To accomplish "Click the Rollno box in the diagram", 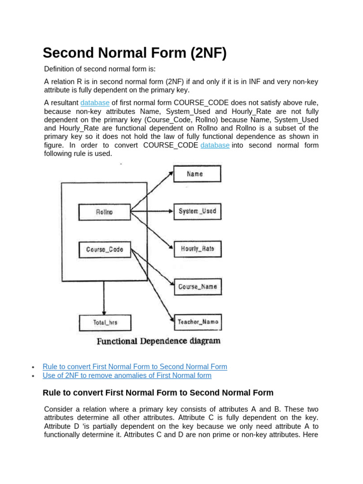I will click(x=104, y=212).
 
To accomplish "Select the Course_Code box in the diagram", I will click(x=104, y=249).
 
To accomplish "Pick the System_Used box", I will click(x=197, y=211).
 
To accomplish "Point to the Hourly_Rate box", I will click(x=197, y=249).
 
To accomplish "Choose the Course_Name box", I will click(x=197, y=286).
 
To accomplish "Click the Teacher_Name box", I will click(x=197, y=322).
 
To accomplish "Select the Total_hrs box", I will click(x=105, y=323).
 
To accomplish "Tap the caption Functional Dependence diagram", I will click(x=158, y=341).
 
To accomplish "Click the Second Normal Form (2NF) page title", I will click(x=135, y=53).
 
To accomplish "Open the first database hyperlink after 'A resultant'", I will click(x=95, y=103).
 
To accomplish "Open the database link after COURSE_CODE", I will click(x=215, y=145).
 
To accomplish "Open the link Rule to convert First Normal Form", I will click(x=135, y=367).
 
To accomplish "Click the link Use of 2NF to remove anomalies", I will click(x=127, y=376).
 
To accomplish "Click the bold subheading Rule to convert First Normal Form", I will click(x=158, y=393).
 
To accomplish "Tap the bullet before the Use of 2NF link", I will click(x=33, y=376).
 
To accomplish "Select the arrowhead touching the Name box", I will click(x=171, y=173).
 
